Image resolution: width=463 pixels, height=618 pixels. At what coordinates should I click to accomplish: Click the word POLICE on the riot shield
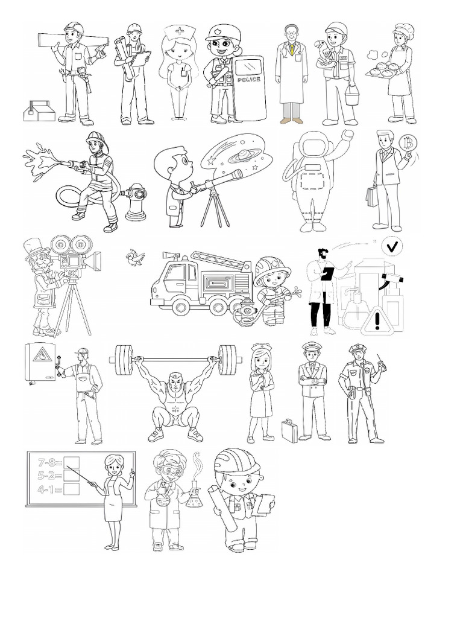pyautogui.click(x=250, y=80)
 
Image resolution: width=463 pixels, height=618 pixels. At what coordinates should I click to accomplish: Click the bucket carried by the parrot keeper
pyautogui.click(x=351, y=94)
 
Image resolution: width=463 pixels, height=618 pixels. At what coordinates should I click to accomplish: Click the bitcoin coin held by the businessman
pyautogui.click(x=408, y=144)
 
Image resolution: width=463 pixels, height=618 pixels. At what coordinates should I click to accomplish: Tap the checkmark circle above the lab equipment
pyautogui.click(x=393, y=246)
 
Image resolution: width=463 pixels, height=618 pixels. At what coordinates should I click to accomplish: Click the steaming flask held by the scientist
pyautogui.click(x=194, y=498)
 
